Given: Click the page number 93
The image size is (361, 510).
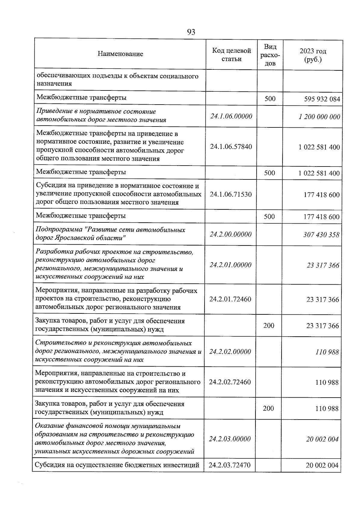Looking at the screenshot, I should [191, 32].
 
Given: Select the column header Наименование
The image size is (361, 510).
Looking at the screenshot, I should [120, 54].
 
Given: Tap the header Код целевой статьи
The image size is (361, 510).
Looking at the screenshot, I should [231, 55].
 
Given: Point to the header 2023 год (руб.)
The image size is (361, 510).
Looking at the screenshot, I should [313, 55].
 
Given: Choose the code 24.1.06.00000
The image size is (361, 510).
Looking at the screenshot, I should [231, 116].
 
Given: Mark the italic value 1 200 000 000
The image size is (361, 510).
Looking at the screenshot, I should [319, 117].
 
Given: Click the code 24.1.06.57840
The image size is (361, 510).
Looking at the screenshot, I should [231, 147].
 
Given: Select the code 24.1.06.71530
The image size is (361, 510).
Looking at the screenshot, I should [231, 194].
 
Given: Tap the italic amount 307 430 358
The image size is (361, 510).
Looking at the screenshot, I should [321, 234].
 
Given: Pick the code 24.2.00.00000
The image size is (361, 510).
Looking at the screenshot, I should [230, 234].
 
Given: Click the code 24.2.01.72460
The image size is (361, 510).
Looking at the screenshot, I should [230, 299].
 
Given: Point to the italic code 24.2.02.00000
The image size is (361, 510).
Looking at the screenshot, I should [230, 352].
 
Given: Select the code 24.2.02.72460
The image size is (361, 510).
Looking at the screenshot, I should [230, 382].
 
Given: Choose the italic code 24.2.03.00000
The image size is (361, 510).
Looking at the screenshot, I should [230, 439].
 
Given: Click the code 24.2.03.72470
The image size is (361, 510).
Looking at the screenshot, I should [230, 465].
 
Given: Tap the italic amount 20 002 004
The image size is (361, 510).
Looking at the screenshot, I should [322, 439].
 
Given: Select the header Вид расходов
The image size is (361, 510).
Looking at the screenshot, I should [270, 55].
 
